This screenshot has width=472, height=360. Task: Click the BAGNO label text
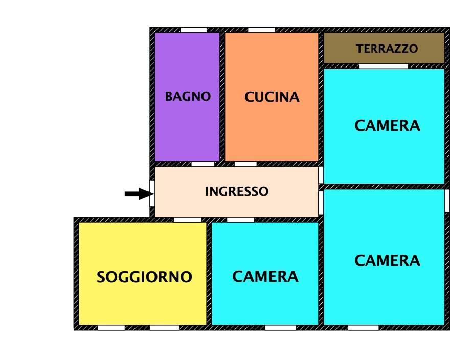(188, 97)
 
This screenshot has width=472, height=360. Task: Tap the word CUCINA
(272, 97)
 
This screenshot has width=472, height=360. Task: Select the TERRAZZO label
(387, 49)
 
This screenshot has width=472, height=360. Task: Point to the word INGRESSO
(236, 192)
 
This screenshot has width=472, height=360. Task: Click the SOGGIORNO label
(144, 277)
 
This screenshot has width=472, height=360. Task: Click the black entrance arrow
(139, 194)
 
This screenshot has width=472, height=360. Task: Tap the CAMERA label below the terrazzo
(387, 125)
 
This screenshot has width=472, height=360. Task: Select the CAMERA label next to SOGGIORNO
(265, 277)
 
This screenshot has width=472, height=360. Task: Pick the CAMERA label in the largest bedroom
(387, 261)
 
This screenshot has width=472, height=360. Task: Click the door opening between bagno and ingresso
(203, 164)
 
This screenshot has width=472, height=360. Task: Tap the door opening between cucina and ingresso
(245, 164)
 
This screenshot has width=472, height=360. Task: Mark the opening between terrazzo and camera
(384, 66)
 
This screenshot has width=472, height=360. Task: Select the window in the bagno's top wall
(194, 30)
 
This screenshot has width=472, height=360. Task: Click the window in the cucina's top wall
(261, 30)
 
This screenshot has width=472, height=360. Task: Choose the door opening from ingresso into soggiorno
(187, 220)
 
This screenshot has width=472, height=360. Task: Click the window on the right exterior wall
(447, 200)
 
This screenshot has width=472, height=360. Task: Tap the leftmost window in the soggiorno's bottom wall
(111, 327)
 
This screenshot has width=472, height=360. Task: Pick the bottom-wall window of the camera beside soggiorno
(280, 327)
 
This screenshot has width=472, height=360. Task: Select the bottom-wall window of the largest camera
(363, 327)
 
